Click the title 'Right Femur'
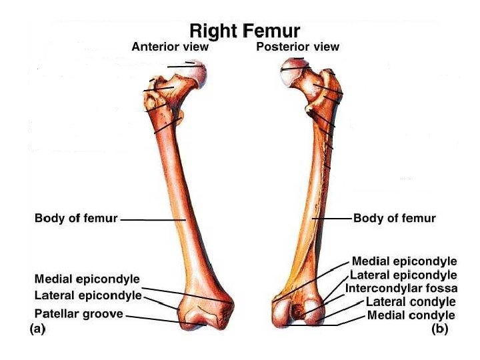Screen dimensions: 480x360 click(245, 31)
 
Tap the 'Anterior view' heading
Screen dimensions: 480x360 click(170, 47)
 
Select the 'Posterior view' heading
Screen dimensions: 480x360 click(297, 47)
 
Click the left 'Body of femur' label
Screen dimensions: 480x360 click(76, 218)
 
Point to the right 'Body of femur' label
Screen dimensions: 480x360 click(395, 218)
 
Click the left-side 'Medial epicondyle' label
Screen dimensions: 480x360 click(87, 279)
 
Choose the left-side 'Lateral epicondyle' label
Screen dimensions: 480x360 click(87, 295)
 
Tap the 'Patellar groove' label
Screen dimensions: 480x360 click(79, 313)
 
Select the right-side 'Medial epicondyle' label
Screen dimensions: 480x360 click(404, 261)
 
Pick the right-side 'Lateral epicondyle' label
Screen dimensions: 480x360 click(404, 275)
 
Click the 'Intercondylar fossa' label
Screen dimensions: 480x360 click(402, 289)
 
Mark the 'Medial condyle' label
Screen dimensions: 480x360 click(411, 315)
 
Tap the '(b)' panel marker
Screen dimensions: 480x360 click(439, 329)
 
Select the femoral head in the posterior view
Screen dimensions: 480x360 click(293, 71)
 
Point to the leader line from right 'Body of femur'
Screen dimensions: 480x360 click(331, 218)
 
